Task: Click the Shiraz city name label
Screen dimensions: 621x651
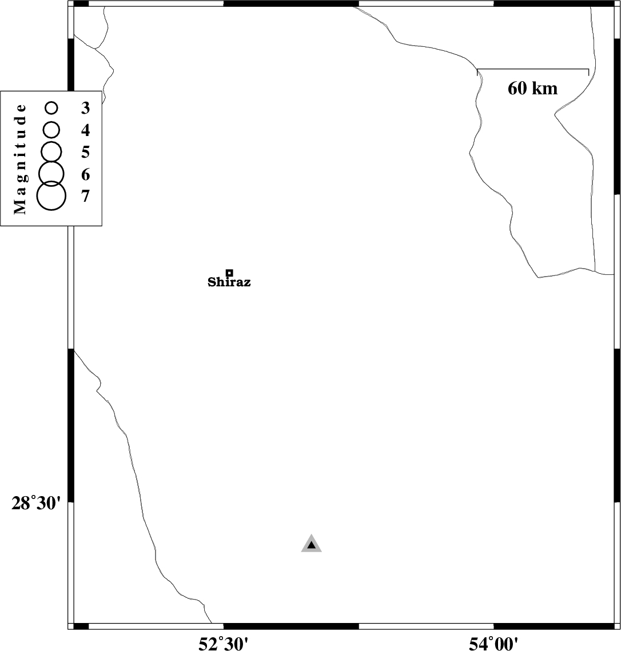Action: click(x=229, y=282)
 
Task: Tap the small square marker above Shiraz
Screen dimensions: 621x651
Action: click(x=229, y=273)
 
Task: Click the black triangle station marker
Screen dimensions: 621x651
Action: click(x=311, y=544)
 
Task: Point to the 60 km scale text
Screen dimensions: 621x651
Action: click(x=532, y=88)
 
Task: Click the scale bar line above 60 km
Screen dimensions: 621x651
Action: click(x=533, y=69)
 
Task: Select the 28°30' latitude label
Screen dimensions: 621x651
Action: click(x=36, y=504)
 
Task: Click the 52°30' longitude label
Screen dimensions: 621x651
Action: click(x=224, y=644)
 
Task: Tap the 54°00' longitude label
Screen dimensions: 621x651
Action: click(x=493, y=644)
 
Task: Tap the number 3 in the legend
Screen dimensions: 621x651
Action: click(x=86, y=108)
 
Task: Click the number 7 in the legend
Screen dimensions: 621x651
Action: click(x=86, y=196)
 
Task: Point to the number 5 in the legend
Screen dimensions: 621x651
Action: click(x=86, y=153)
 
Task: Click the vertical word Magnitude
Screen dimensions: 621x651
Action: click(x=20, y=159)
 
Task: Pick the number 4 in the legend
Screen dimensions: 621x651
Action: click(x=86, y=130)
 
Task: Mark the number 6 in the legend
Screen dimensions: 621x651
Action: click(x=86, y=175)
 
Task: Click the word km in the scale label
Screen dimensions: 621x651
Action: click(x=544, y=88)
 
